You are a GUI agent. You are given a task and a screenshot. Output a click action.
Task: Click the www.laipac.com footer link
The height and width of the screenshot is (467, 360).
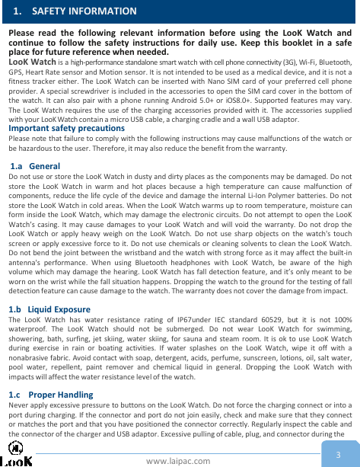coord(180,460)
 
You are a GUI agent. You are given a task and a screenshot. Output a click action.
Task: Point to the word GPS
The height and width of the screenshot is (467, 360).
coord(16,71)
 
